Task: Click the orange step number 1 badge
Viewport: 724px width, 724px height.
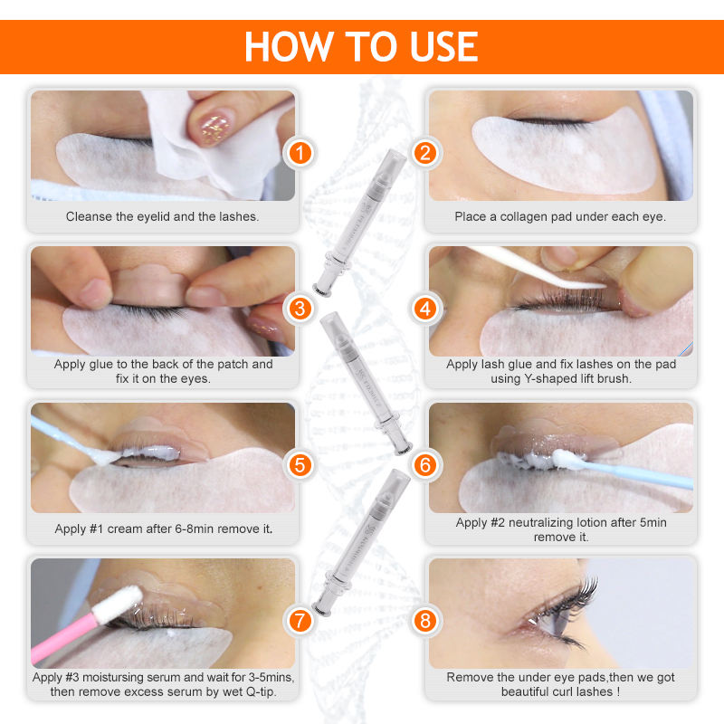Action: (x=300, y=153)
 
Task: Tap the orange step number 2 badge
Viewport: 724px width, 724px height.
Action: (x=425, y=153)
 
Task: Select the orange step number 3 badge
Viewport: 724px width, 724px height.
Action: (x=300, y=309)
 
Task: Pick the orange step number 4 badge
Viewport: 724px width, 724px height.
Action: (x=425, y=309)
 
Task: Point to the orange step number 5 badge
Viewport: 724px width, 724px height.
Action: (x=300, y=465)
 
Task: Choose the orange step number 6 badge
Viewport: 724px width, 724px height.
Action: (x=425, y=465)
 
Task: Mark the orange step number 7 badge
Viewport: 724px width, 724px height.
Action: (x=300, y=621)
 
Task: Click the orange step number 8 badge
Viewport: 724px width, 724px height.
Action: (x=425, y=621)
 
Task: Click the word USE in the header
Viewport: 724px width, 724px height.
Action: (x=443, y=47)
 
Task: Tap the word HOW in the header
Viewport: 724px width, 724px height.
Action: (x=289, y=47)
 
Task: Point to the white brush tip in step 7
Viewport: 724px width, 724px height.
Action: (x=119, y=604)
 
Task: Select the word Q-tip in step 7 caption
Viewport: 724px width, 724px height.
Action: (x=261, y=691)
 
